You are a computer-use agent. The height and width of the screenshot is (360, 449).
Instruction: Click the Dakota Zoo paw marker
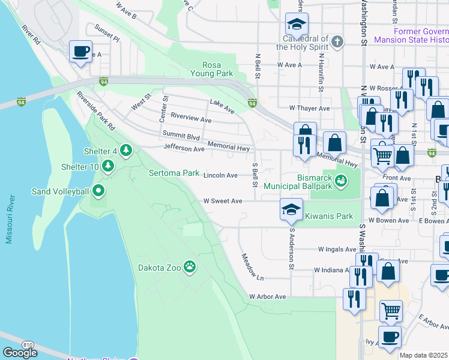(190, 266)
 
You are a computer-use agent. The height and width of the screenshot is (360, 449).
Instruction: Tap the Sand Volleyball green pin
(98, 192)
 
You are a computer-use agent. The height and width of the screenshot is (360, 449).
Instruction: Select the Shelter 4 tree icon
(125, 149)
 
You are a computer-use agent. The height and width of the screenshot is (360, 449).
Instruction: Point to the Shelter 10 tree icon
(107, 165)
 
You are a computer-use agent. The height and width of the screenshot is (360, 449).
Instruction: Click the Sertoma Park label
(174, 173)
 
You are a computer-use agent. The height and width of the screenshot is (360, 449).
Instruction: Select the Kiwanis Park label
(329, 216)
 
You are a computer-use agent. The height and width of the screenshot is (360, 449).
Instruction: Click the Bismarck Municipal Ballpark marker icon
(341, 179)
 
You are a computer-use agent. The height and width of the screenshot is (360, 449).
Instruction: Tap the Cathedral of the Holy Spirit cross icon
(337, 41)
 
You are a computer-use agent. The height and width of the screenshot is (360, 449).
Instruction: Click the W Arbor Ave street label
(268, 297)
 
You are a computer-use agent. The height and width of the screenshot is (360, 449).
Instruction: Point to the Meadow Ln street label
(252, 266)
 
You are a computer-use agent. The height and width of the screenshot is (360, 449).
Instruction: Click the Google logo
(20, 353)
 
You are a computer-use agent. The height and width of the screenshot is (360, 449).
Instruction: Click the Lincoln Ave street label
(220, 175)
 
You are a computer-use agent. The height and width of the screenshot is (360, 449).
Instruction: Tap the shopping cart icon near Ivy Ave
(391, 311)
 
